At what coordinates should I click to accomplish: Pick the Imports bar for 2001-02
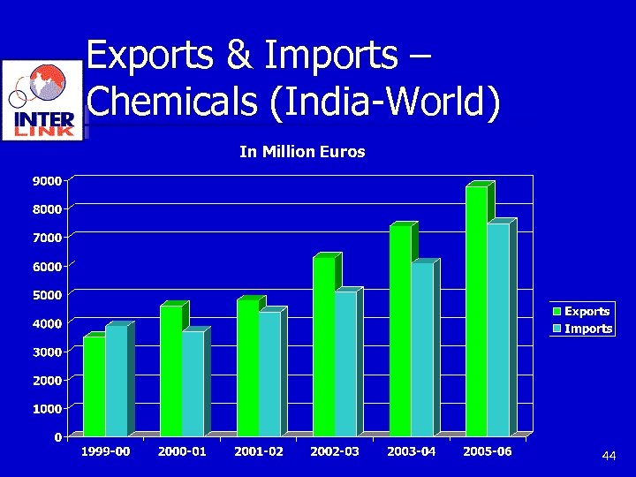269,373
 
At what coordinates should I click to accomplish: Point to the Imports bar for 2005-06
498,329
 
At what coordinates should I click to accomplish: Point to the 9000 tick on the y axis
47,181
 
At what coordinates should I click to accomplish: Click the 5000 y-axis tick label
47,295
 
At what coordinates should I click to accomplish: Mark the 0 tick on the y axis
57,437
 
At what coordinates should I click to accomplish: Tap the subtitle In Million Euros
302,152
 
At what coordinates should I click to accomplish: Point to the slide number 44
608,456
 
